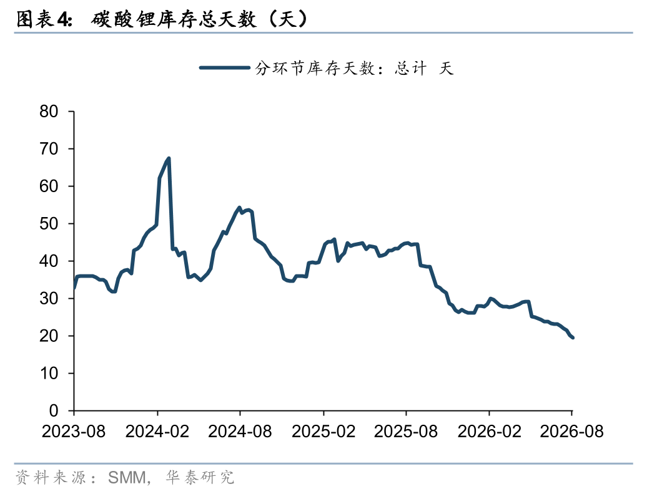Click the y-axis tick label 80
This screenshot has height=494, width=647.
tap(49, 111)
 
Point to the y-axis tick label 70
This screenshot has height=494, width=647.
tap(49, 148)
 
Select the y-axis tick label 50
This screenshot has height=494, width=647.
tap(49, 224)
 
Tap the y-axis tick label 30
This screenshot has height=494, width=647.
tap(49, 298)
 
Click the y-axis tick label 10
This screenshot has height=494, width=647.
tap(49, 373)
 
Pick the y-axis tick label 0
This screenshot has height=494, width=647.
tap(54, 411)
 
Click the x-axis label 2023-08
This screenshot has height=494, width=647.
tap(74, 432)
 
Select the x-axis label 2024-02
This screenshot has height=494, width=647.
tap(157, 432)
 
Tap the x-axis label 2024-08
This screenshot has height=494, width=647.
tap(240, 432)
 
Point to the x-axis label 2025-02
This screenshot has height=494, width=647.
tap(323, 432)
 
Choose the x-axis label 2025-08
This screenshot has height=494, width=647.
tap(406, 432)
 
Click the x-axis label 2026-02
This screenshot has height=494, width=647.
tap(490, 432)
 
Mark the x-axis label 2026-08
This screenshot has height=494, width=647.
tap(572, 432)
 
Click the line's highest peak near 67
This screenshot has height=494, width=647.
tap(169, 158)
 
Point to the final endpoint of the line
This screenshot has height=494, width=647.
tap(573, 337)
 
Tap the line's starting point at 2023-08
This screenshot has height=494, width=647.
tap(74, 288)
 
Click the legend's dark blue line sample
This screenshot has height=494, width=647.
tap(224, 67)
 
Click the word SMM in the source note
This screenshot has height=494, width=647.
tap(127, 478)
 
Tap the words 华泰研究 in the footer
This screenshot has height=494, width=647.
tap(200, 478)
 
